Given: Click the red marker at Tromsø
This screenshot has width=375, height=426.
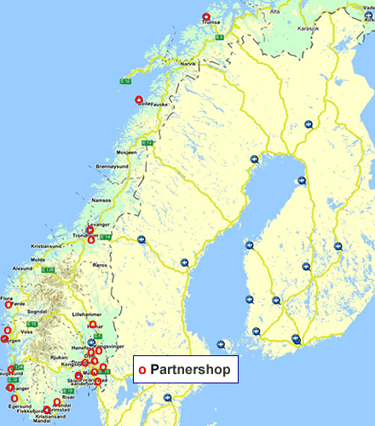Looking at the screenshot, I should (x=205, y=18).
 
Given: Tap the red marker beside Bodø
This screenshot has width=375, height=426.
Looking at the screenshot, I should (x=139, y=100).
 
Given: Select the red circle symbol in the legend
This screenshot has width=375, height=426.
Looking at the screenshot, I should (x=142, y=371).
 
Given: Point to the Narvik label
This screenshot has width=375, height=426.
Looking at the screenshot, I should (x=187, y=64).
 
